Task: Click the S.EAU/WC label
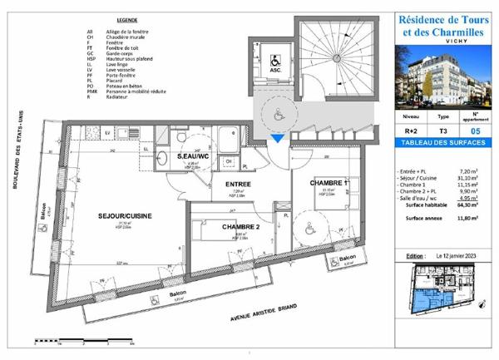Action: (x=193, y=155)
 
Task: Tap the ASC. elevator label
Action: (x=274, y=70)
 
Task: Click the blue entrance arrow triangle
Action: (x=278, y=140)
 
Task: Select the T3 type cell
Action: (x=443, y=131)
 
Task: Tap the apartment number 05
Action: (x=475, y=131)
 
